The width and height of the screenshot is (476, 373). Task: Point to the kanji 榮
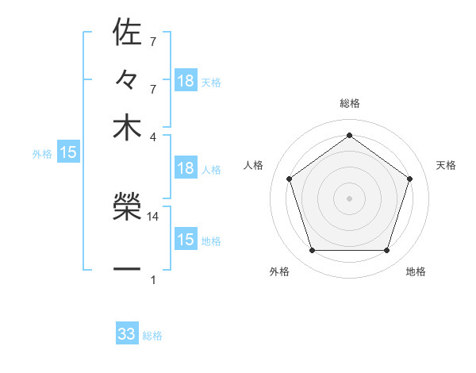click(x=127, y=208)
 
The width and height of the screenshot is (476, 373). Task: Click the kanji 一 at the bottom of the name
click(x=127, y=269)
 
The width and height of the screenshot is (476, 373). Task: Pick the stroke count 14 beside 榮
click(x=153, y=216)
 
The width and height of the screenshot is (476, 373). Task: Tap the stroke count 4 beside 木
click(x=153, y=136)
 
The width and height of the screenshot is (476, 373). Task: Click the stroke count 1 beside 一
click(x=153, y=279)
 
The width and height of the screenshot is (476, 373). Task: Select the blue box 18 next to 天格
click(x=186, y=81)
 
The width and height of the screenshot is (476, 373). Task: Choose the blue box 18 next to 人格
click(x=186, y=168)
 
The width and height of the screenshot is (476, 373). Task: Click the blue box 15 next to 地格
click(x=186, y=240)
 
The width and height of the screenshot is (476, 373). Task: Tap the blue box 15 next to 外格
click(x=68, y=152)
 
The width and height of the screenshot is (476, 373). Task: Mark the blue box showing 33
click(x=127, y=334)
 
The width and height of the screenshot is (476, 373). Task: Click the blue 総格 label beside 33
click(x=152, y=336)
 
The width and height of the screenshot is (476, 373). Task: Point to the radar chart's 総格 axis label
click(x=349, y=103)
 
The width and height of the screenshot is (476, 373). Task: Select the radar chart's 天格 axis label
click(x=446, y=165)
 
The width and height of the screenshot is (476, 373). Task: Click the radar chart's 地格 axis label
click(x=416, y=272)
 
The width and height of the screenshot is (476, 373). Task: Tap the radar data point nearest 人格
click(x=290, y=179)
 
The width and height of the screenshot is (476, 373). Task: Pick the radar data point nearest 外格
click(x=312, y=251)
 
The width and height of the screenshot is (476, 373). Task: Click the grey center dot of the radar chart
click(x=349, y=198)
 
